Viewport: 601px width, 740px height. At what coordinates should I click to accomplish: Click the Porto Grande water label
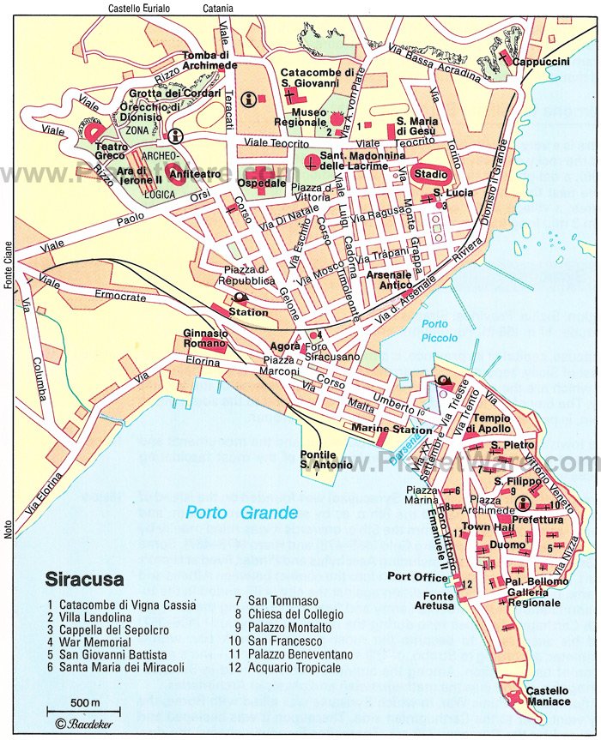tap(242, 513)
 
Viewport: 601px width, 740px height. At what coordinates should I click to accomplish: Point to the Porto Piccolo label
tap(435, 329)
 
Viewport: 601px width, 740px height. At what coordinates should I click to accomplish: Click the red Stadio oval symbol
tap(430, 174)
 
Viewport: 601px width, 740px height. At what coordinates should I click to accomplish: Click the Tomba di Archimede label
tap(209, 61)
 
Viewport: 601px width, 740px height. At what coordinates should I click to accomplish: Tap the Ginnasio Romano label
tap(204, 338)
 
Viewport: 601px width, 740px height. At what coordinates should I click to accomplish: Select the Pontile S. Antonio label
tap(325, 459)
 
